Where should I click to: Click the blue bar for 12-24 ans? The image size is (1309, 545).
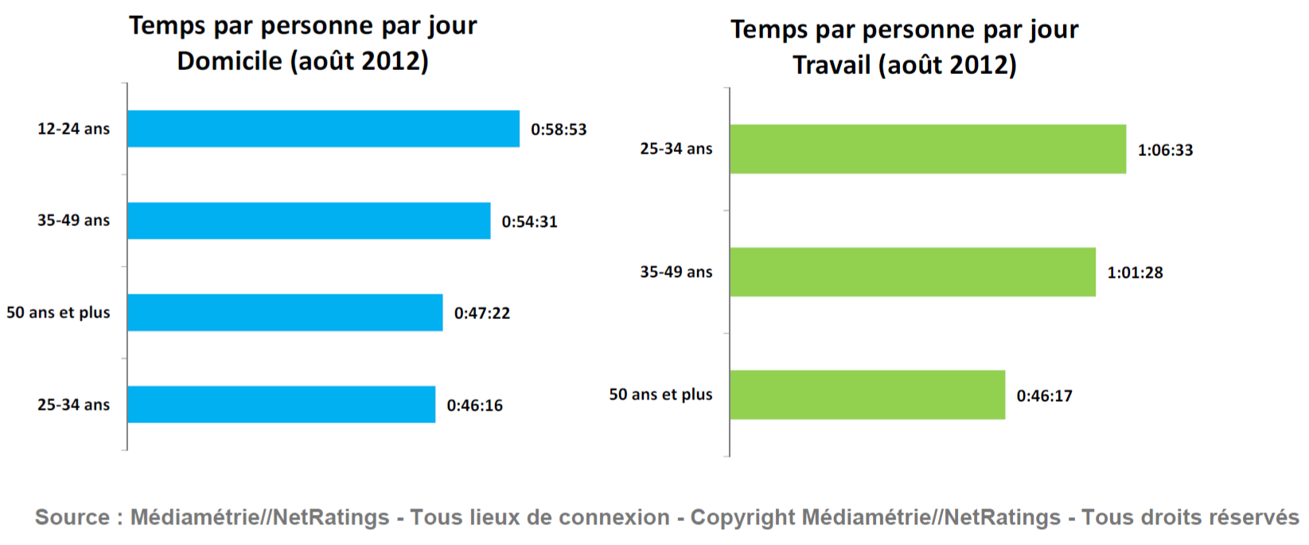[x=323, y=129]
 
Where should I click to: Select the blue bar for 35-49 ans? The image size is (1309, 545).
[x=309, y=220]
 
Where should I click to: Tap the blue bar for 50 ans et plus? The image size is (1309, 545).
[x=285, y=313]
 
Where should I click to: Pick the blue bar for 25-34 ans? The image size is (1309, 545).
[x=281, y=404]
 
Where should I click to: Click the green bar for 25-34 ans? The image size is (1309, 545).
[x=928, y=149]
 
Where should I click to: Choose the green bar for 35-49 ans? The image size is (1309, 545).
[x=912, y=272]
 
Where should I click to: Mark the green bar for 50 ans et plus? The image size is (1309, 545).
[x=867, y=395]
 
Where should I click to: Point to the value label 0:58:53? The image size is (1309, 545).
[x=559, y=130]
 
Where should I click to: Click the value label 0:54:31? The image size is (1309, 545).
[x=529, y=222]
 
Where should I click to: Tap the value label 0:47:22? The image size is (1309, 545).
[x=481, y=313]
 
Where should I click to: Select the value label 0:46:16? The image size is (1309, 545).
[x=474, y=406]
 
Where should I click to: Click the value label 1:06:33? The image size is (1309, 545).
[x=1165, y=150]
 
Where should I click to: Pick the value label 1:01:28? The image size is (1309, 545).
[x=1135, y=273]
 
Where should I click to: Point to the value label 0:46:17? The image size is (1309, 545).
[x=1044, y=396]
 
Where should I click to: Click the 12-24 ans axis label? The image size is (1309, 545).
[x=73, y=129]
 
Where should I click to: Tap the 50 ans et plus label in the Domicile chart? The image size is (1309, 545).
[x=58, y=313]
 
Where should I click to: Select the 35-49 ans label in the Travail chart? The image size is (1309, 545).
[x=676, y=272]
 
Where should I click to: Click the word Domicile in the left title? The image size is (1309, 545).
[x=229, y=61]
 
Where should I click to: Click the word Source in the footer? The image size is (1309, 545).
[x=72, y=517]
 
